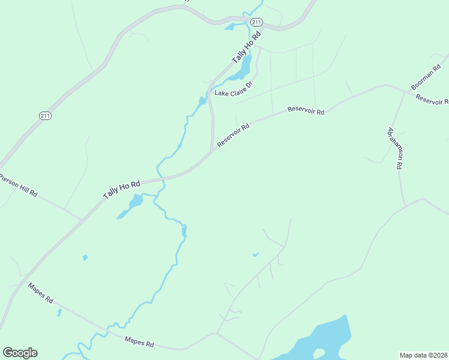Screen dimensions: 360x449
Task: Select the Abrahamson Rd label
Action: tap(394, 148)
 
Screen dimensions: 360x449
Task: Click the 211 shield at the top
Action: tap(256, 22)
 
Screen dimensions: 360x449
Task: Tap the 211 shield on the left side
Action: tap(45, 115)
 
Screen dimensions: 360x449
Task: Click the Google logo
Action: tap(20, 353)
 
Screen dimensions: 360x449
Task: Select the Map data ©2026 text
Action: tap(423, 355)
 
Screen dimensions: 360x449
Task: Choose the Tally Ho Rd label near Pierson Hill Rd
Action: tap(121, 190)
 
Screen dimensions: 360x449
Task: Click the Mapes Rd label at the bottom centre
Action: tap(139, 343)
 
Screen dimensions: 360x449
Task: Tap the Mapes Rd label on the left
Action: tap(41, 292)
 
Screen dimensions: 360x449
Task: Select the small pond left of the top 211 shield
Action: tap(229, 26)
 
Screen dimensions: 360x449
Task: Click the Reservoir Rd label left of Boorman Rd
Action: tap(306, 110)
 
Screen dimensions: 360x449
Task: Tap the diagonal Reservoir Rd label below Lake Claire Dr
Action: tap(233, 136)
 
